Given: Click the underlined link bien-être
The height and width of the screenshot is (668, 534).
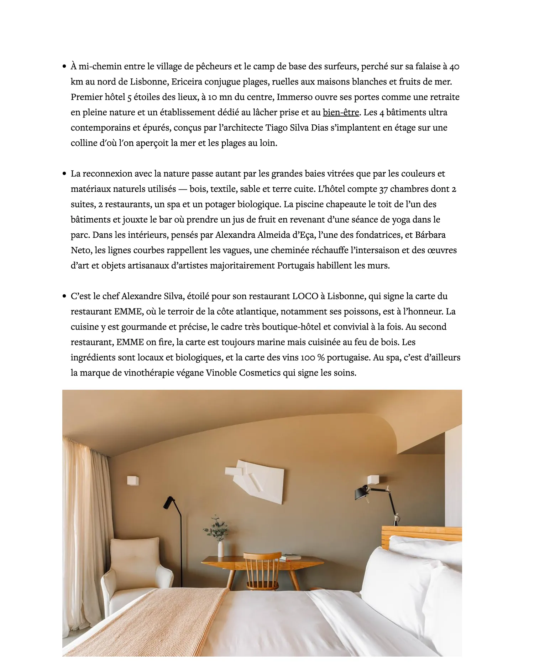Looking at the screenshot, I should click(x=341, y=113).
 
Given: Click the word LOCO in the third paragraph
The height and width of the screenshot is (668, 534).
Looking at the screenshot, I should click(x=305, y=296).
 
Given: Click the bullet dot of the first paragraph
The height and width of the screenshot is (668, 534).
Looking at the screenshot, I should click(x=64, y=66).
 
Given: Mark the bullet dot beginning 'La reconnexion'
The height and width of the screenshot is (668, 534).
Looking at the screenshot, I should click(x=64, y=174).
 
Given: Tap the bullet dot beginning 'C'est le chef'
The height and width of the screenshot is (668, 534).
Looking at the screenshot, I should click(x=64, y=296).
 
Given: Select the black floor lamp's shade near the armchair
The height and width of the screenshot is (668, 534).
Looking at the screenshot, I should click(x=168, y=502).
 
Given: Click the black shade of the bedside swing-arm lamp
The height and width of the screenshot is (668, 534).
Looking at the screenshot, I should click(x=362, y=493).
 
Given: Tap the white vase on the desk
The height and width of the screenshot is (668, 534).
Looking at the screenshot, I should click(x=221, y=549).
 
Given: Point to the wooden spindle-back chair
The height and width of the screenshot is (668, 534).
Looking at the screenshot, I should click(x=262, y=570).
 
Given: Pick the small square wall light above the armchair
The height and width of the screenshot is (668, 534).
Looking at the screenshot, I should click(x=133, y=480).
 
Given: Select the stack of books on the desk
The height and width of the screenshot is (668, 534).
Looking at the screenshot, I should click(x=290, y=557).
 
